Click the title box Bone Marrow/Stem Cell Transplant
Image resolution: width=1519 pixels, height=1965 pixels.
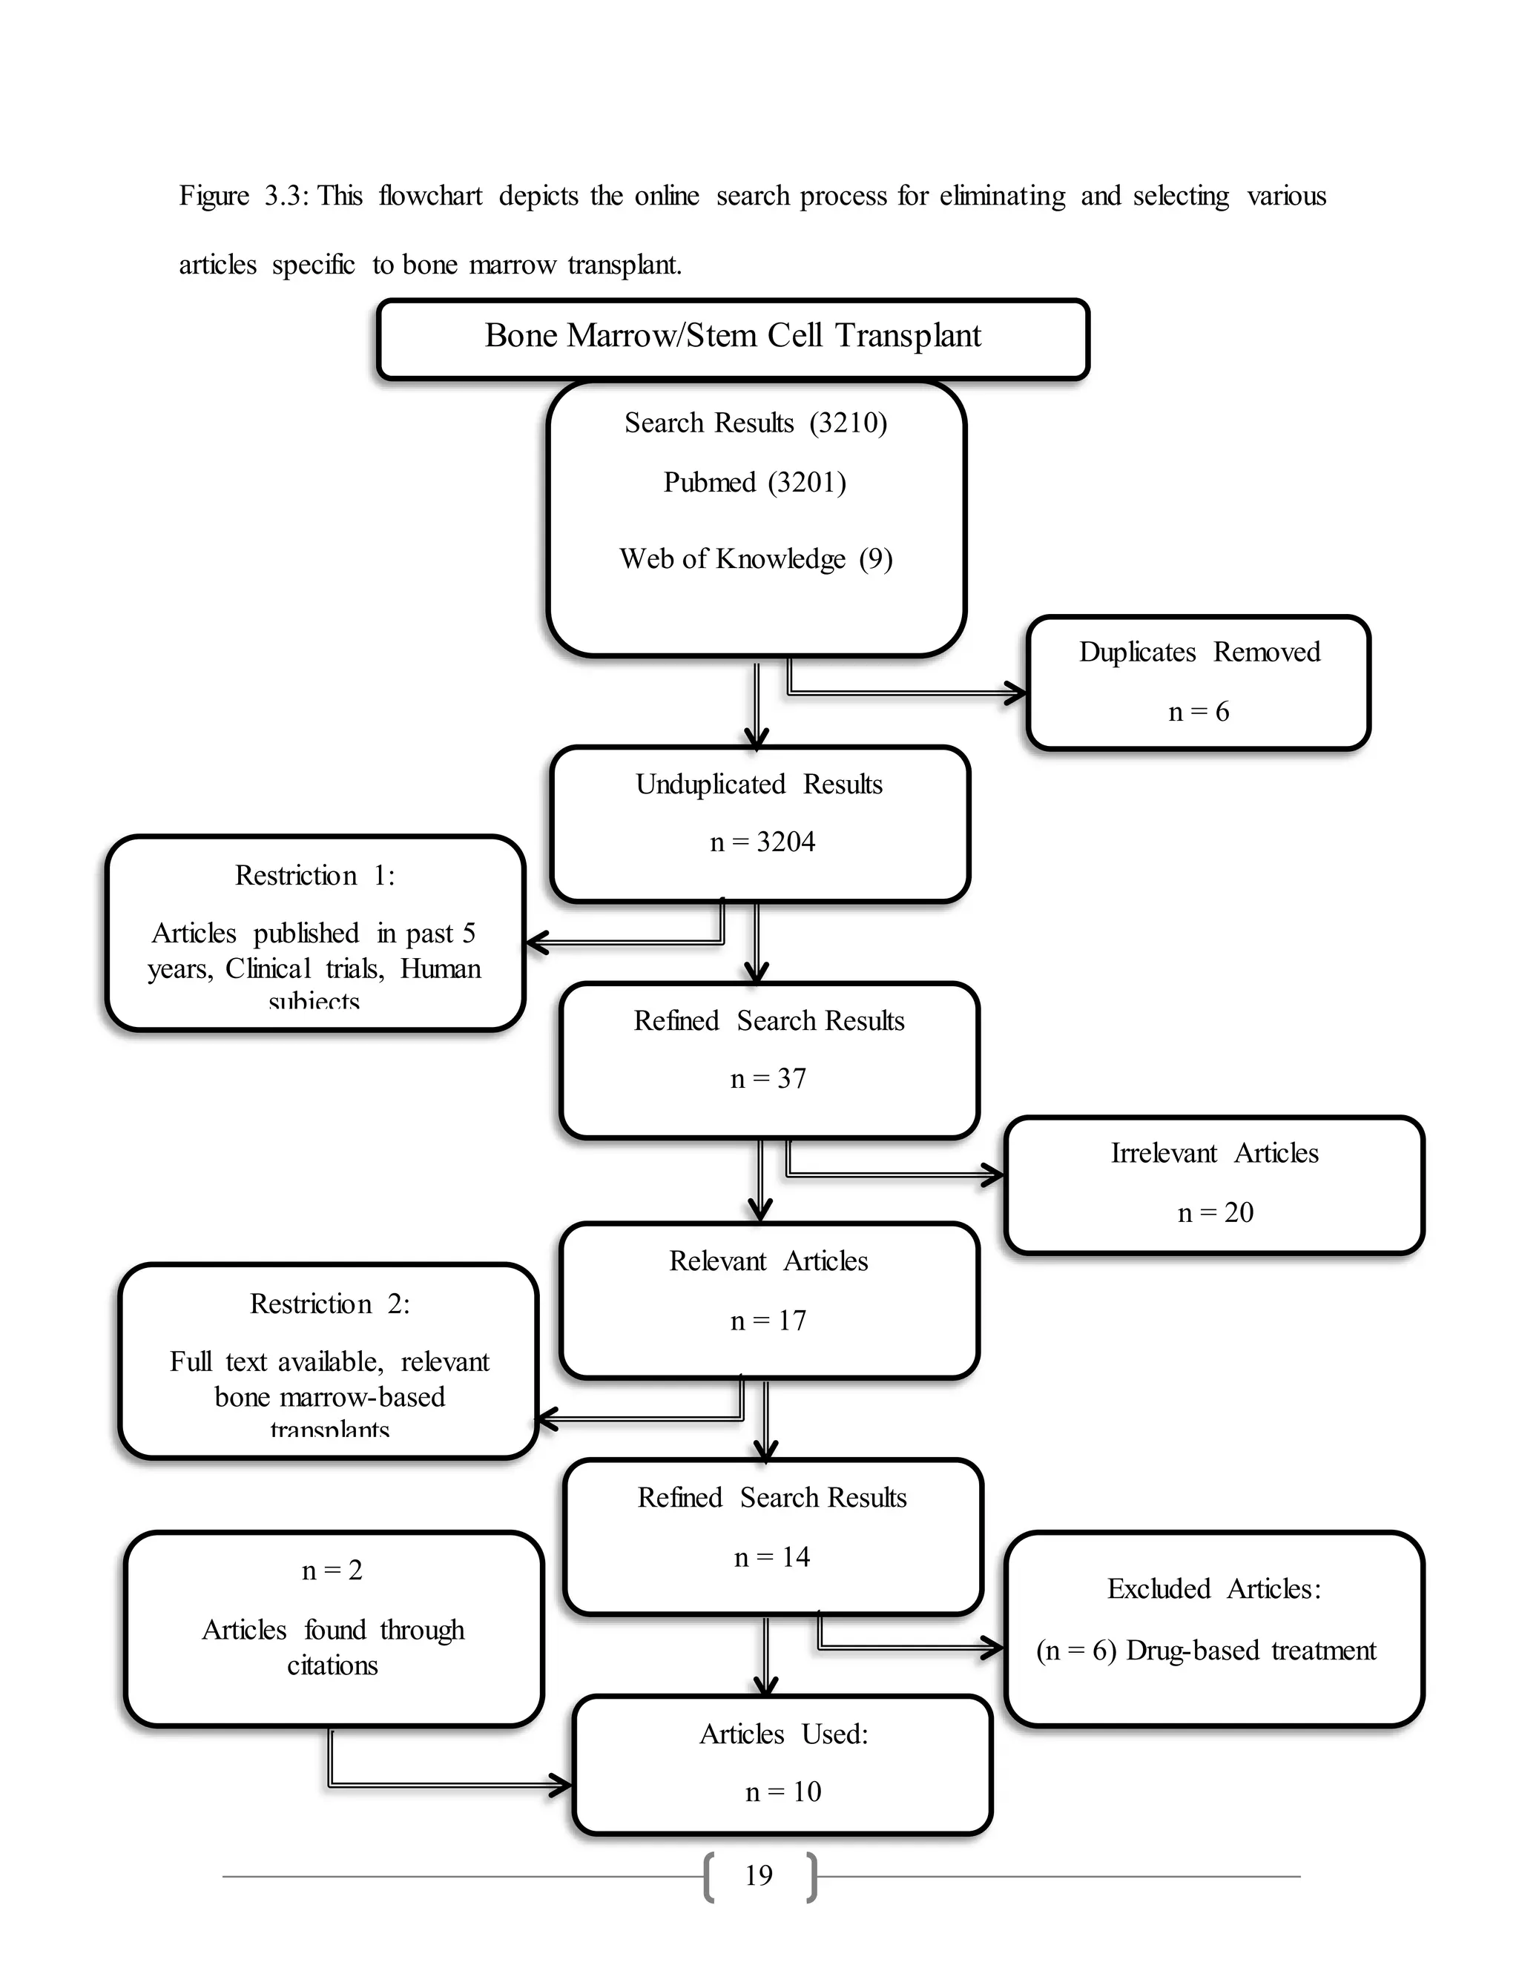(x=733, y=337)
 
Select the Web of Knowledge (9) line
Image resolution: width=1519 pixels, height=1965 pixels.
(x=756, y=559)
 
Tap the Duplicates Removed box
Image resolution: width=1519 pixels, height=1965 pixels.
(x=1198, y=682)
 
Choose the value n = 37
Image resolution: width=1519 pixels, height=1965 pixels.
(x=768, y=1079)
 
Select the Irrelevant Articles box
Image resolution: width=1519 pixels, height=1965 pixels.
(x=1214, y=1184)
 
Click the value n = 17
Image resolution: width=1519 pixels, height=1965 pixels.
(x=768, y=1321)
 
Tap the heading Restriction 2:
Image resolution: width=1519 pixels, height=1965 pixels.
(x=329, y=1304)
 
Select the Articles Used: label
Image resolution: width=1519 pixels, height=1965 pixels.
(x=783, y=1734)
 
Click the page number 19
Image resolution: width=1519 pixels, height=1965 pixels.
(x=759, y=1876)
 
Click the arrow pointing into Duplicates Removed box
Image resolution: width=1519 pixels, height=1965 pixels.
(x=909, y=693)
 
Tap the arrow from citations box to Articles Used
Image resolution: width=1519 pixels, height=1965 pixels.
(x=450, y=1784)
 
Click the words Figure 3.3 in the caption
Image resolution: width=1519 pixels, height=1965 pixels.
(x=239, y=196)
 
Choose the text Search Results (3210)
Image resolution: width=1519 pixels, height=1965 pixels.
(x=756, y=423)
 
